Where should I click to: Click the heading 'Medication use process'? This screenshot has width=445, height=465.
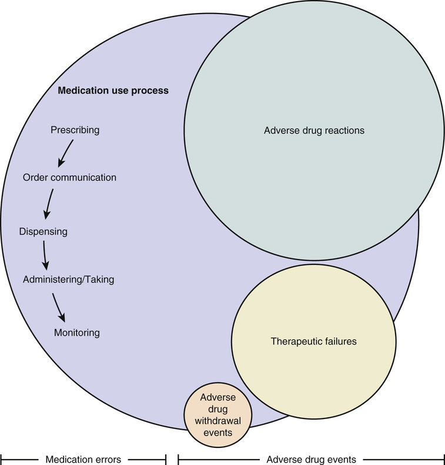coord(113,91)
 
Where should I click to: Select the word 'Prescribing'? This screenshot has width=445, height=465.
coord(75,129)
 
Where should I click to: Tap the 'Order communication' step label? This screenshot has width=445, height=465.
coord(69,177)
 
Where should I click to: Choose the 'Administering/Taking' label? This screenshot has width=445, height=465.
coord(68,280)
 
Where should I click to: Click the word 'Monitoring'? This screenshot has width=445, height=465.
coord(76,333)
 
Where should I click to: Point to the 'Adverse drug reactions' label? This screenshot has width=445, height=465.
coord(314,130)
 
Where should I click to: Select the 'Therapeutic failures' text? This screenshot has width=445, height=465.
coord(313,341)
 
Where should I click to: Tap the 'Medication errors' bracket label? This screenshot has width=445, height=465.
coord(83,458)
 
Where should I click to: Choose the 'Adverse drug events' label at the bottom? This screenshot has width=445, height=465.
coord(311,458)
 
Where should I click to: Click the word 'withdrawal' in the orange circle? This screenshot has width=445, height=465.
coord(218,420)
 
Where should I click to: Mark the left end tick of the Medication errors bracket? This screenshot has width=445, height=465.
coord(2,458)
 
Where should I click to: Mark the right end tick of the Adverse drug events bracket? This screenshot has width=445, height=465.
coord(443,458)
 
